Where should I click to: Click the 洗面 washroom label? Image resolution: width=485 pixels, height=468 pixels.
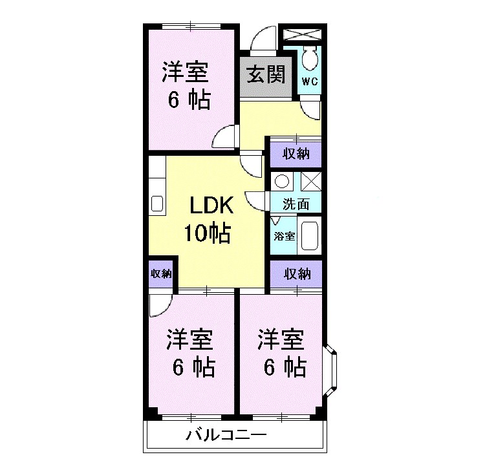click(296, 205)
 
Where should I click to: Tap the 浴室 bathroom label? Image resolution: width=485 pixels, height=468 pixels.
click(285, 236)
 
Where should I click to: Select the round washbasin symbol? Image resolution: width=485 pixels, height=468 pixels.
click(282, 182)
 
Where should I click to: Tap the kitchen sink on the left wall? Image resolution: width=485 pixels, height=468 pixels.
click(157, 204)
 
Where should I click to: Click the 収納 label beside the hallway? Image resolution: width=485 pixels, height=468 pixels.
click(296, 154)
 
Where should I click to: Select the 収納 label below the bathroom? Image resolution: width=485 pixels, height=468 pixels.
click(296, 273)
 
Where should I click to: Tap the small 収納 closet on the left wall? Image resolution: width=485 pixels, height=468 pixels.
click(161, 273)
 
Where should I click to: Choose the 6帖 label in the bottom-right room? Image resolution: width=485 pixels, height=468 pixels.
click(284, 367)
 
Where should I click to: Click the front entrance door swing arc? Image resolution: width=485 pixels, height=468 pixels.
click(263, 39)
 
